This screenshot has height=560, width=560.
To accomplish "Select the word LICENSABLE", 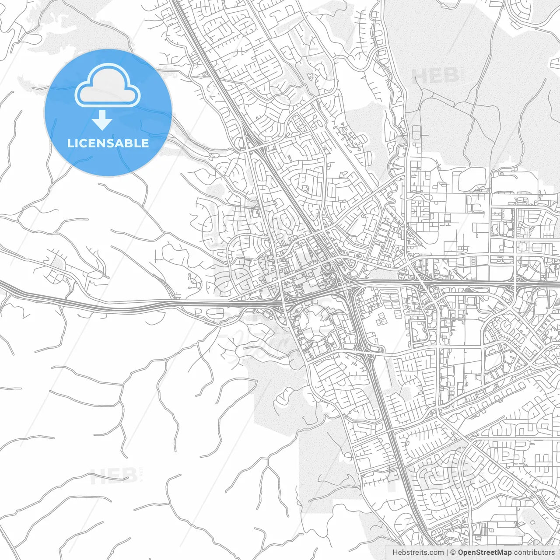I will [108, 143].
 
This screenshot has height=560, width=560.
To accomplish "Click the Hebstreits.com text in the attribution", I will [418, 553].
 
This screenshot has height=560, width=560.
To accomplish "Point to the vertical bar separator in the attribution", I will [447, 553].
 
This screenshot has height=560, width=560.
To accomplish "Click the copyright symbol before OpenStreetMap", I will [453, 553].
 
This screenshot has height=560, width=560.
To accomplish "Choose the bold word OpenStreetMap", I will [484, 553].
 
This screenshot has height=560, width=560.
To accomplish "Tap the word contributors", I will [534, 553].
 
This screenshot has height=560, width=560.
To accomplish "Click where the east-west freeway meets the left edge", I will [1, 284].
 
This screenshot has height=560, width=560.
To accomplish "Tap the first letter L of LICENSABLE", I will [70, 143].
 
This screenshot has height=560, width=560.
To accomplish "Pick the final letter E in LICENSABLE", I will [145, 143].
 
